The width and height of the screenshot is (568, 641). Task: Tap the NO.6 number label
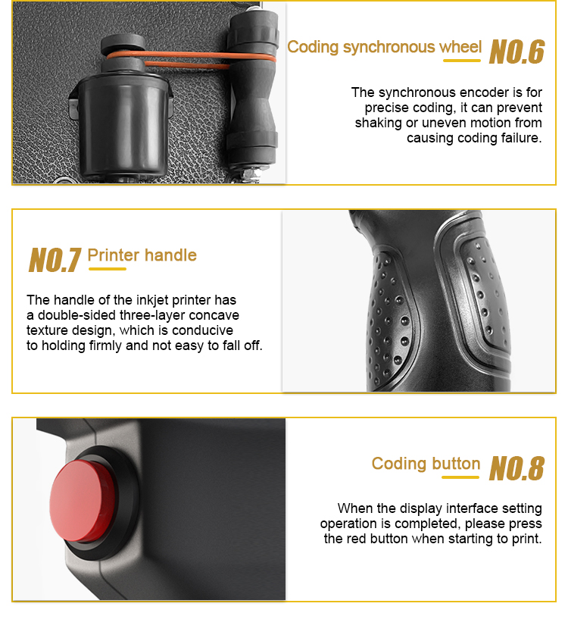[517, 52]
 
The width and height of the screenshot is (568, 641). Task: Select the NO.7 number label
[55, 260]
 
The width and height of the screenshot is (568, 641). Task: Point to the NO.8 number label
[517, 468]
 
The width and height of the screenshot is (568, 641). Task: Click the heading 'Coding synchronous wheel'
[385, 47]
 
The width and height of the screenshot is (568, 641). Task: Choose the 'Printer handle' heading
[142, 255]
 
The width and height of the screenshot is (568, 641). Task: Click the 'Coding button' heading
[426, 464]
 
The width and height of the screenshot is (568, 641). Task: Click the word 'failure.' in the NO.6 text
[520, 138]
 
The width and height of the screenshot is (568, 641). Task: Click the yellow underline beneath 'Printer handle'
[108, 269]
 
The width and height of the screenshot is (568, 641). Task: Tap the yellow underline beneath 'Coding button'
[460, 477]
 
